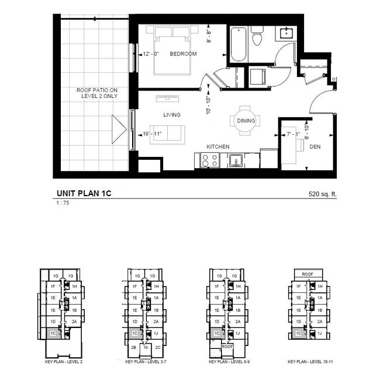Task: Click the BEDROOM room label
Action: coord(183,54)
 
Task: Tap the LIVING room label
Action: coord(171,115)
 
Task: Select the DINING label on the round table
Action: coord(245,121)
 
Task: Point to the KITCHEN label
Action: coord(217,146)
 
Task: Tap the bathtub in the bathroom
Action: coord(237,45)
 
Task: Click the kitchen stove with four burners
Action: coord(209,159)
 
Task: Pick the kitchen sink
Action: coord(236,159)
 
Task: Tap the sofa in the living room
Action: coord(167,133)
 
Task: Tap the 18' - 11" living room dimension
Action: coord(151,134)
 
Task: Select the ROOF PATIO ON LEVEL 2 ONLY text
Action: coord(97,93)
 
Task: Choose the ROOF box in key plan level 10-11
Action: coord(308,274)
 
